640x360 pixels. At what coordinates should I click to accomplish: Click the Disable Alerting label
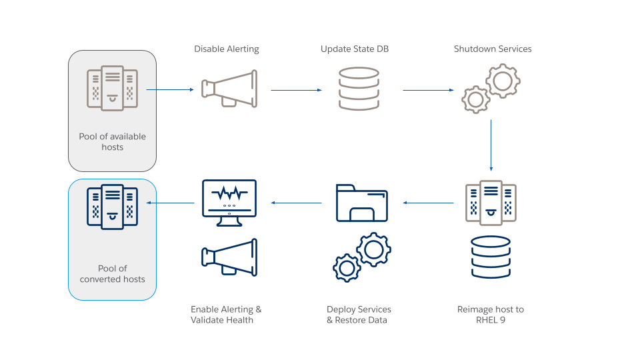coord(227,49)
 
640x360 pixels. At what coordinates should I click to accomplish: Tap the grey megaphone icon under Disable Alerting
coord(229,89)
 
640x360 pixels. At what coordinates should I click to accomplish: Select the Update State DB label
coord(354,49)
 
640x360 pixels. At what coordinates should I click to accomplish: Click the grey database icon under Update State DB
coord(359,89)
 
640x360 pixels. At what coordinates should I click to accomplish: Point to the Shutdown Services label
coord(493,49)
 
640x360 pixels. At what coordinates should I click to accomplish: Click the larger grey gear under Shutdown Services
coord(503,81)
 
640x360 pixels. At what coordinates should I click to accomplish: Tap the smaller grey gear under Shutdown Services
coord(475,99)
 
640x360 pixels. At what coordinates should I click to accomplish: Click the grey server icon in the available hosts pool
coord(112,88)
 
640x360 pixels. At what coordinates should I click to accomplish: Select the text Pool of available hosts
coord(112,141)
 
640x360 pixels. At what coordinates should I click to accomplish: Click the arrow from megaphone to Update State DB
coord(296,90)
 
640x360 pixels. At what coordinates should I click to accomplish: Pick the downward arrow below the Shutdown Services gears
coord(491,145)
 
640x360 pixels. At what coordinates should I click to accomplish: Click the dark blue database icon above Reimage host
coord(491,257)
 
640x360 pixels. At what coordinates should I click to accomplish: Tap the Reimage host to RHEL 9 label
coord(491,315)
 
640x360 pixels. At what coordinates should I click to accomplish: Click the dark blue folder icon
coord(362,203)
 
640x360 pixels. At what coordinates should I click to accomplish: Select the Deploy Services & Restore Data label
coord(359,315)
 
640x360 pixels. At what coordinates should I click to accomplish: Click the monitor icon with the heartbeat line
coord(229,203)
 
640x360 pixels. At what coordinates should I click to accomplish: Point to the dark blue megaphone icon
coord(229,257)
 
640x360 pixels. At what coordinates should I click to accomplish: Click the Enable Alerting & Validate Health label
coord(226,315)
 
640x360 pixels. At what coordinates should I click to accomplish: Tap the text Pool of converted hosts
coord(112,274)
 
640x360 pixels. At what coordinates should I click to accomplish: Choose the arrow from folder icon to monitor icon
coord(296,203)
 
